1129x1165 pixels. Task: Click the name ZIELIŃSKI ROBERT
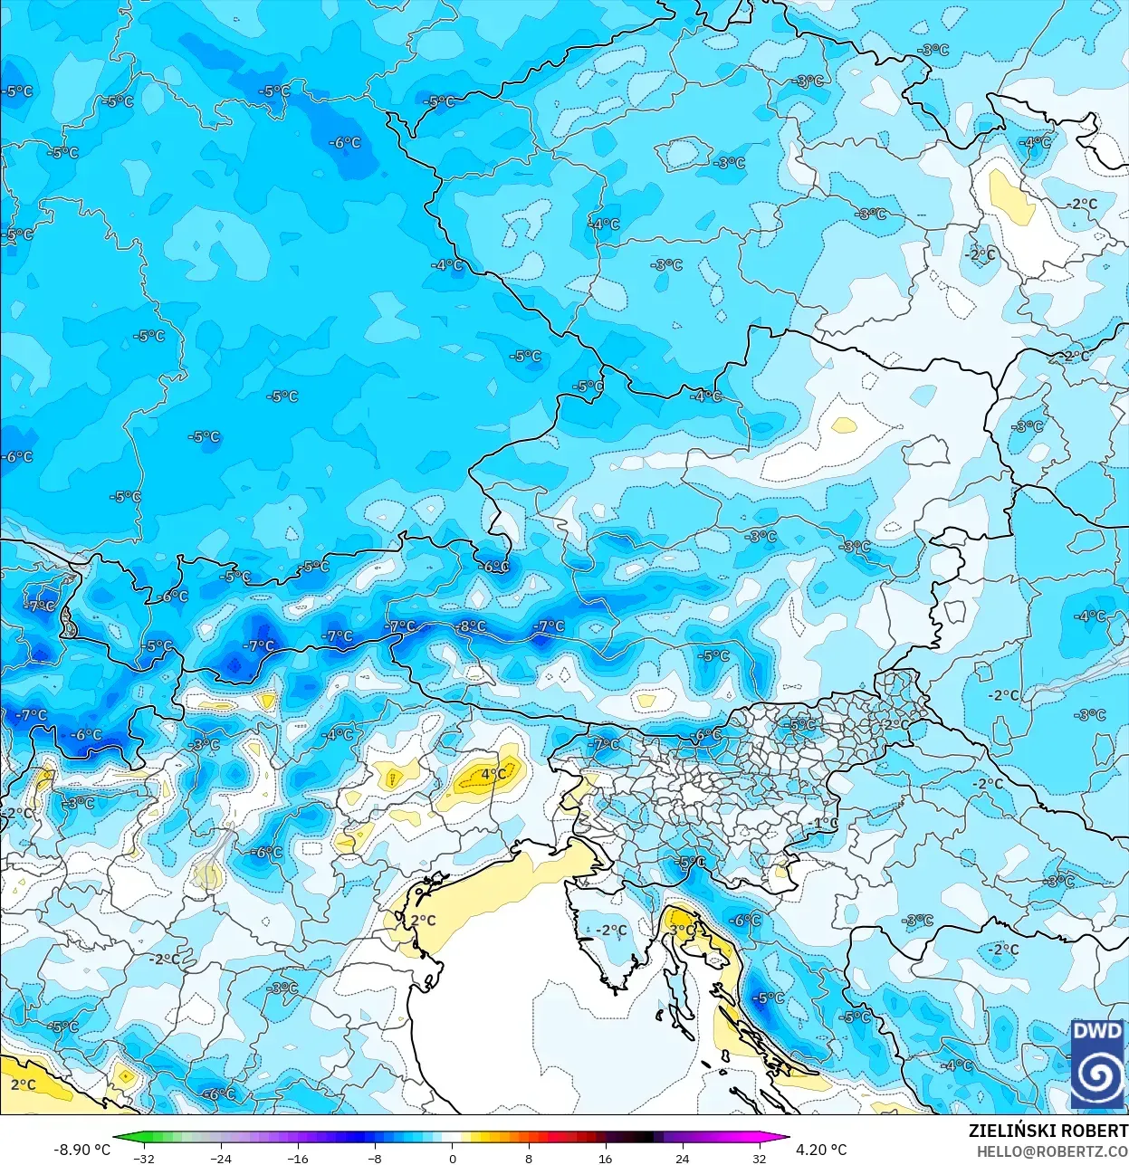pos(1048,1131)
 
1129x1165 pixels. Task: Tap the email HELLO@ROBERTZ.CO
pos(1051,1151)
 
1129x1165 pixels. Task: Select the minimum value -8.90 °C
pos(81,1150)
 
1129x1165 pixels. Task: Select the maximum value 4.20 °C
pos(821,1150)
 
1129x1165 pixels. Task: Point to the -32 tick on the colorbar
pos(143,1158)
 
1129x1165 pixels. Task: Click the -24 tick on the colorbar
pos(221,1158)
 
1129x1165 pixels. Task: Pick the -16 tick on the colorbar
pos(298,1158)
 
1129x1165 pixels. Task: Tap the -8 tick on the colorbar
pos(375,1158)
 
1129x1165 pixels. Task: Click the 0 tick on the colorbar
pos(452,1158)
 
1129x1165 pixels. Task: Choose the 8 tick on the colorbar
pos(529,1158)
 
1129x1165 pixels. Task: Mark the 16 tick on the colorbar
pos(605,1158)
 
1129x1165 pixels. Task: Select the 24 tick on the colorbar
pos(682,1158)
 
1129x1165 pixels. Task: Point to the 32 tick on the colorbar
pos(759,1158)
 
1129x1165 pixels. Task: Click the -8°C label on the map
pos(471,626)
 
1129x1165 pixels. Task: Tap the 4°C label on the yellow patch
pos(493,774)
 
